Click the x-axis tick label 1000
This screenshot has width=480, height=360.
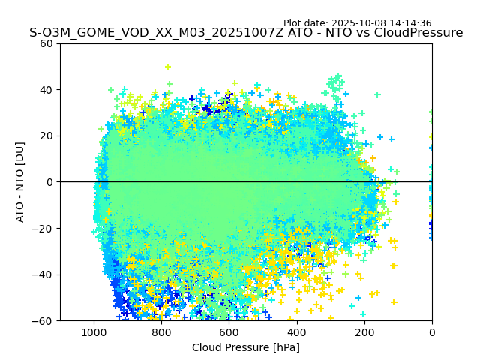(x=94, y=331)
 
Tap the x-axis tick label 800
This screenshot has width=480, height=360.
(x=161, y=331)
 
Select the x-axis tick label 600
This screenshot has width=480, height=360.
(x=229, y=331)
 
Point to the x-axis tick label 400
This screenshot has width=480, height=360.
(x=297, y=331)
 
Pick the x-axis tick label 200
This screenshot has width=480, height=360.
(x=364, y=331)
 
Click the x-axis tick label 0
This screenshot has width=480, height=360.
(x=432, y=331)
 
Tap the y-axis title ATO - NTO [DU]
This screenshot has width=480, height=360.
(x=20, y=182)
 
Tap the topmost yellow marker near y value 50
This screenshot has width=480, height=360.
(x=168, y=67)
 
